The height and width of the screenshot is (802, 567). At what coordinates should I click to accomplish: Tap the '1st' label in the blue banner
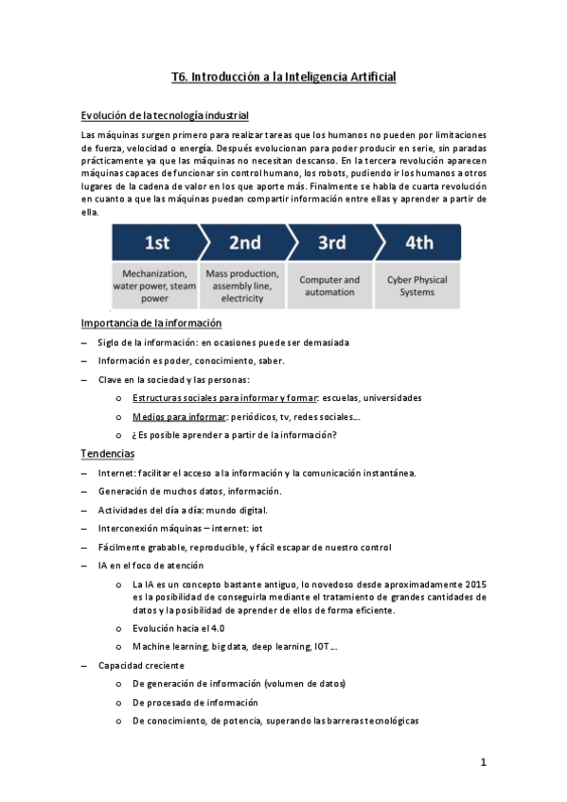[x=156, y=243]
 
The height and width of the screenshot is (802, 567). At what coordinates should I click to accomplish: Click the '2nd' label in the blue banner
[x=244, y=243]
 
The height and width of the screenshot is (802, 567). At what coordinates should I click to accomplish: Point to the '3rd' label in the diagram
[x=331, y=243]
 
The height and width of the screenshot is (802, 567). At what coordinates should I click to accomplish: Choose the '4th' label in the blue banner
[x=418, y=243]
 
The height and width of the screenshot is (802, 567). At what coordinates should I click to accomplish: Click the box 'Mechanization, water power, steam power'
[x=154, y=285]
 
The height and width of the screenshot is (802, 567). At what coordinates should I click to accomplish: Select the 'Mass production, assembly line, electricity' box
[x=242, y=285]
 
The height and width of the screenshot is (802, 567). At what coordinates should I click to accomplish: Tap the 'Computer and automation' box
[x=329, y=285]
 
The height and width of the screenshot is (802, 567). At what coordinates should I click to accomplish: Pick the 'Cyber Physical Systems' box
[x=417, y=285]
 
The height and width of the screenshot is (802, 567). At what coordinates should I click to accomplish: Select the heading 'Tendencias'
[x=108, y=453]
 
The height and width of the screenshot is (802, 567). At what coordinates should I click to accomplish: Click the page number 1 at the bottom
[x=483, y=761]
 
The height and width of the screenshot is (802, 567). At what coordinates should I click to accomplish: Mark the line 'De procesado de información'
[x=195, y=702]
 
